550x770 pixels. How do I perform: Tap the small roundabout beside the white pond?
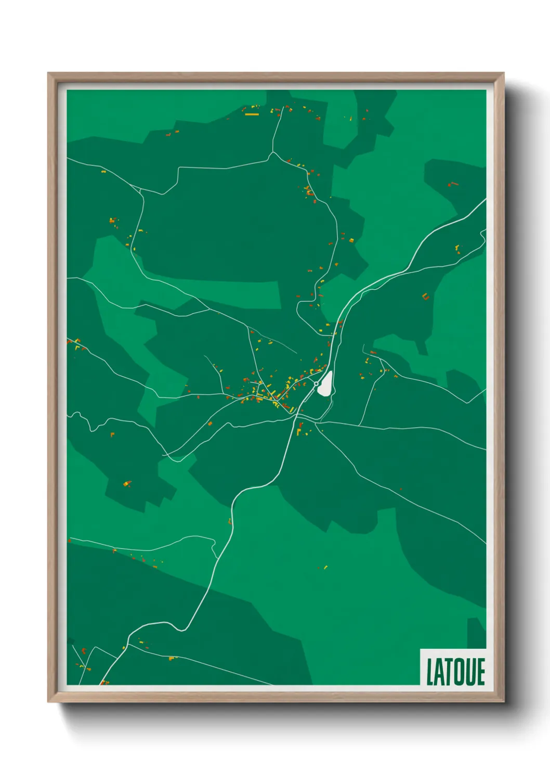point(316,384)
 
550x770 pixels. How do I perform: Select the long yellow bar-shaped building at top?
point(252,114)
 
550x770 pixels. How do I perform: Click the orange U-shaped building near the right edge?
point(425,297)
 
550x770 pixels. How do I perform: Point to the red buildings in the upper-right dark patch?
point(452,184)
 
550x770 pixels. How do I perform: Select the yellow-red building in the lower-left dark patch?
point(127,484)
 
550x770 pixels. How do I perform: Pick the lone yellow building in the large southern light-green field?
point(325,567)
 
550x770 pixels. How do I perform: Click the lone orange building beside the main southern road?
point(230,521)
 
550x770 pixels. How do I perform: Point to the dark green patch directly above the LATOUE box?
point(476,632)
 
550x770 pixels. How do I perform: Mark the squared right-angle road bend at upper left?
point(179,169)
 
